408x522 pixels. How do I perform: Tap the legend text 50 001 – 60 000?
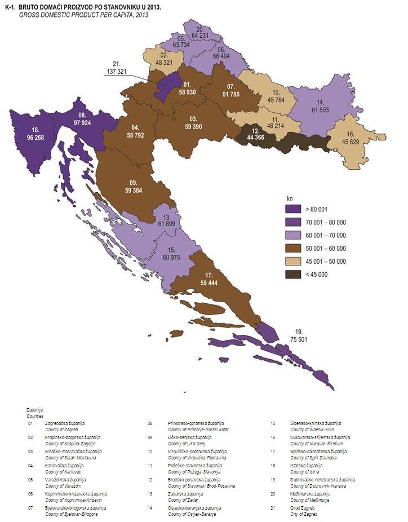(327, 249)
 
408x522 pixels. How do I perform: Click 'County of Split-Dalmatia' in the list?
(311, 457)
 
